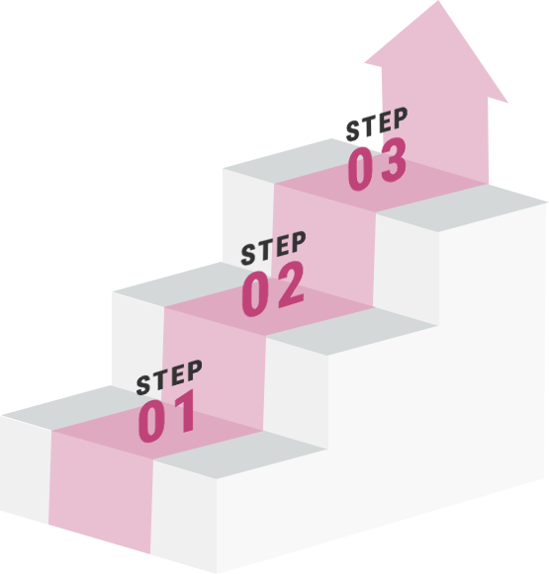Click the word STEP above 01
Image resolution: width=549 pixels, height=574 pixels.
tap(169, 377)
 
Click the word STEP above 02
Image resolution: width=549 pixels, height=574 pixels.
tap(273, 248)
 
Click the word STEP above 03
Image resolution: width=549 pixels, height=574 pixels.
tap(377, 124)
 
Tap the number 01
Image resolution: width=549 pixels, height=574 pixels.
tap(167, 416)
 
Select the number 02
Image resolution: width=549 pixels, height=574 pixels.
tap(273, 288)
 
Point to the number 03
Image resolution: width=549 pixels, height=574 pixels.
tap(377, 164)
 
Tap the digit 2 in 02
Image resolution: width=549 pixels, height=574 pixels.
tap(291, 285)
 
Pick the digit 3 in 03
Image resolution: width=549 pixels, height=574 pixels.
tap(394, 160)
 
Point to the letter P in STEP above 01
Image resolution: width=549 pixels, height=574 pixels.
tap(194, 370)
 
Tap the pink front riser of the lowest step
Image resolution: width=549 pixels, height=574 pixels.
tap(100, 492)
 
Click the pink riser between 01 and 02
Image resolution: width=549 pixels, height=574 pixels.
tap(214, 369)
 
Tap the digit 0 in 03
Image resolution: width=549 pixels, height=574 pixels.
tap(360, 169)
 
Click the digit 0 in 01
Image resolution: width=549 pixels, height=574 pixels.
tap(151, 421)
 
